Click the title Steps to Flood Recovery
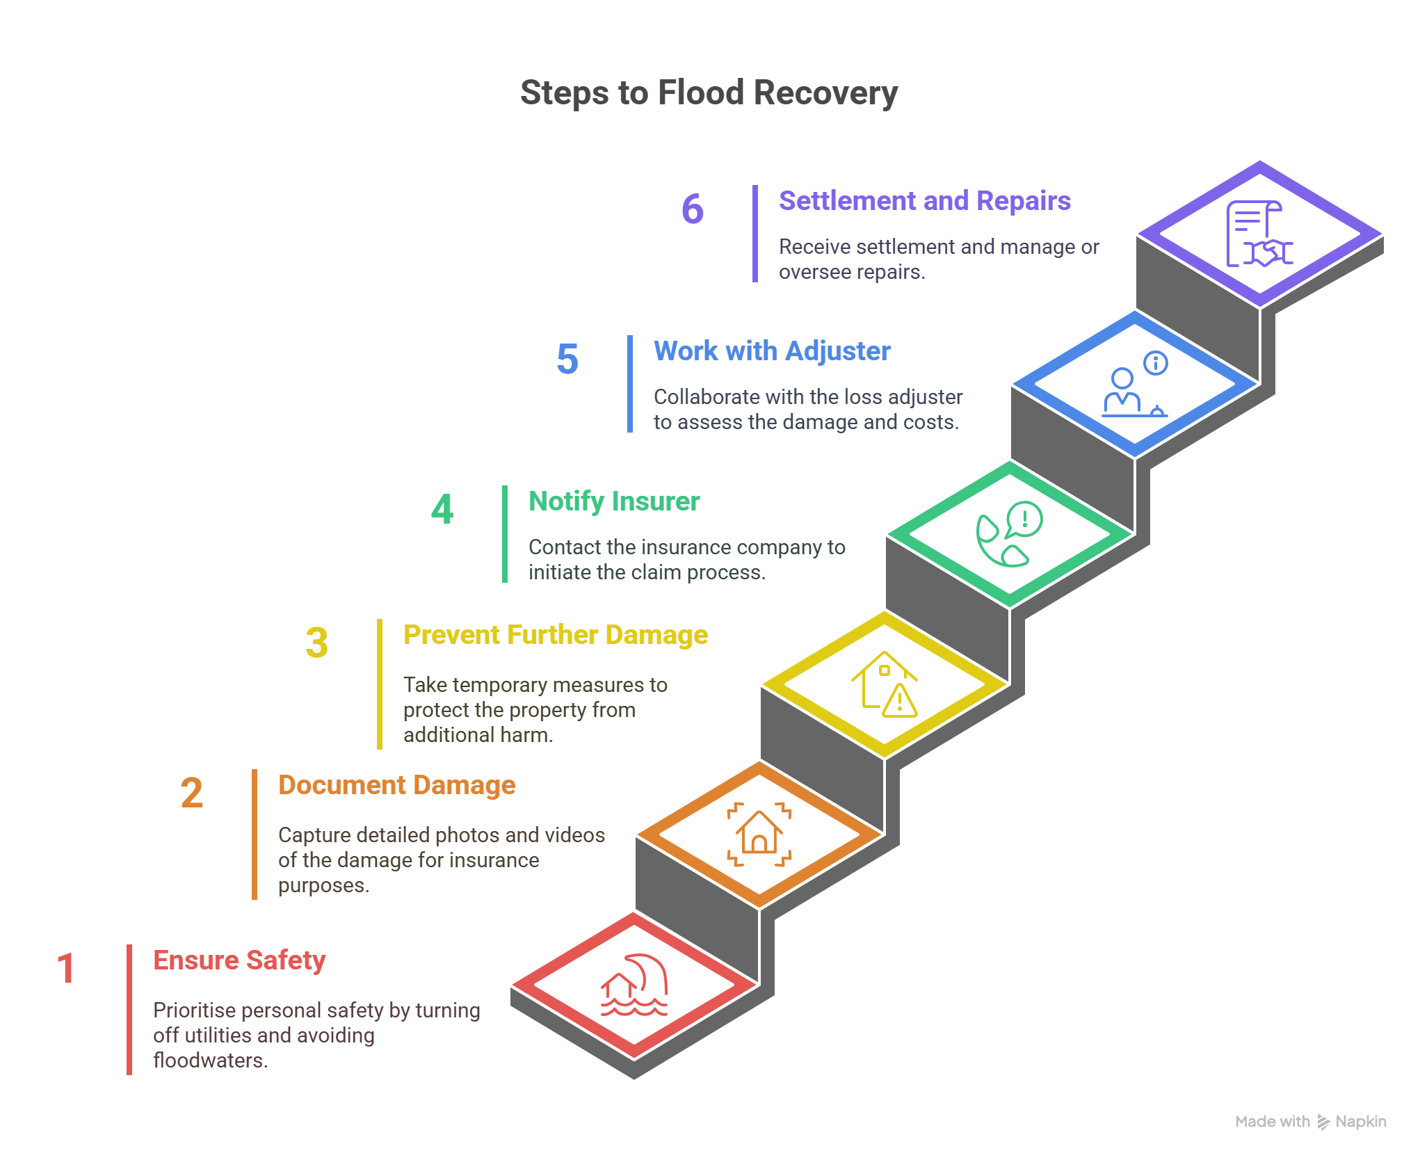coord(709,93)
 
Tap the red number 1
coord(66,968)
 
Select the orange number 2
coord(192,793)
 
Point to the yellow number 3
coord(317,643)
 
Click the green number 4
coord(442,509)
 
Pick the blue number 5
coord(567,359)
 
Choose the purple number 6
coord(693,209)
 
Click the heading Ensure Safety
coord(239,960)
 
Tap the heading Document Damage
coord(396,785)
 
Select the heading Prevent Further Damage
coord(555,635)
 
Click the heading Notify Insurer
coord(613,501)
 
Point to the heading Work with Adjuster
coord(772,351)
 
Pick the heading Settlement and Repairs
coord(924,201)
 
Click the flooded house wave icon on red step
coord(634,985)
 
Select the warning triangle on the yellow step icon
coord(900,701)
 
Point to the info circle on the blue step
coord(1156,363)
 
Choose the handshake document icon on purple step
coord(1259,234)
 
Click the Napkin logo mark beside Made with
coord(1323,1122)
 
